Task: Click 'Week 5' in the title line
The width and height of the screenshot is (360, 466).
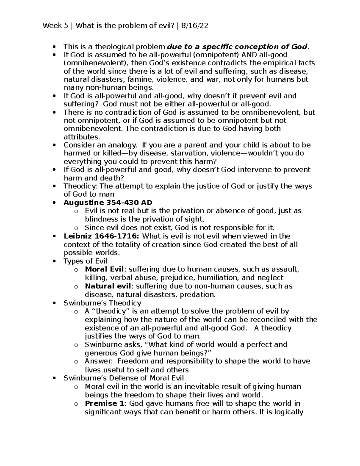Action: click(x=55, y=26)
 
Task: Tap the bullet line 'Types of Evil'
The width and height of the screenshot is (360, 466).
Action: click(x=85, y=261)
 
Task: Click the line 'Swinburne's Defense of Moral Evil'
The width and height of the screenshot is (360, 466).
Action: click(x=124, y=378)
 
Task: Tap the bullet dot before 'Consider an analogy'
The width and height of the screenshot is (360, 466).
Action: click(x=54, y=145)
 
